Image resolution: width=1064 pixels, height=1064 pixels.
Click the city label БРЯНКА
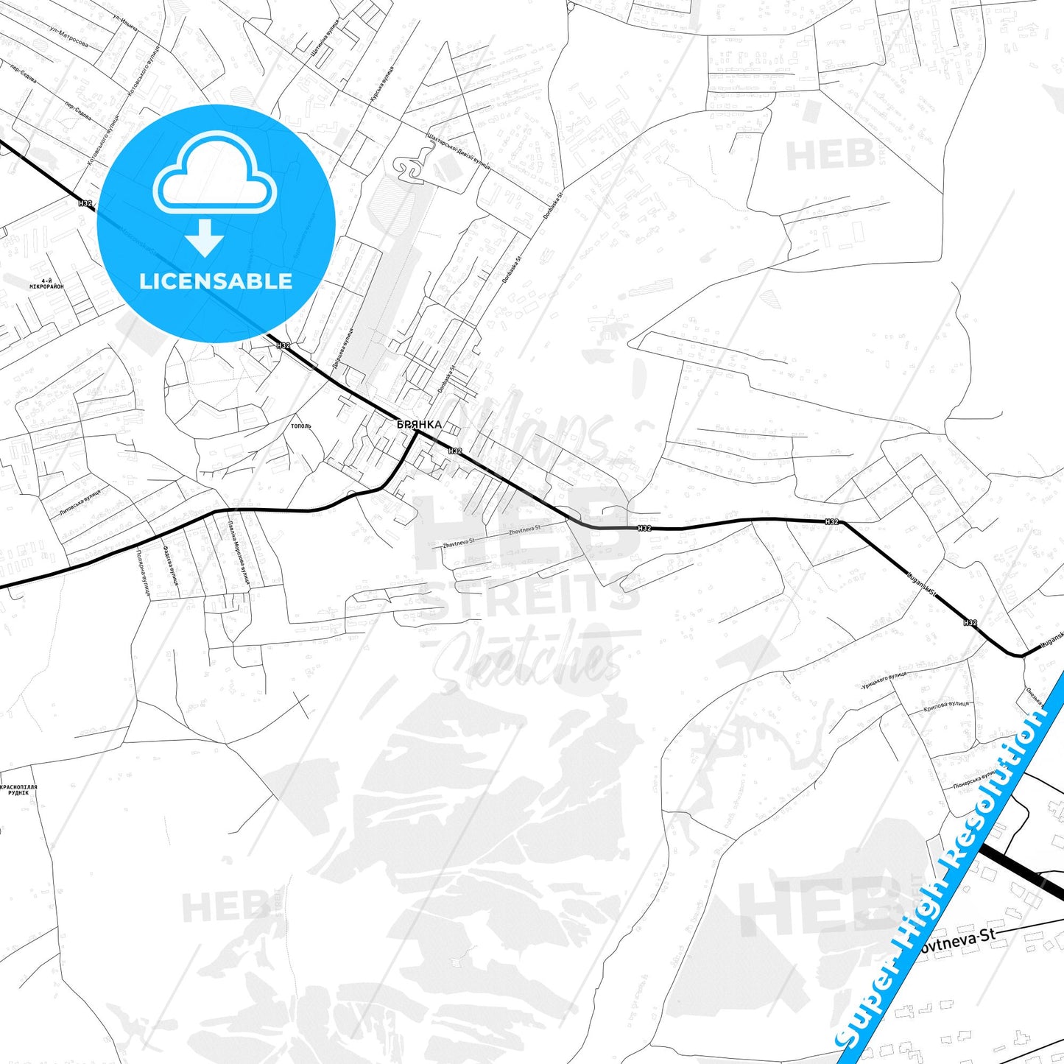[x=419, y=424]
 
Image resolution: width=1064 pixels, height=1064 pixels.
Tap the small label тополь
[x=301, y=426]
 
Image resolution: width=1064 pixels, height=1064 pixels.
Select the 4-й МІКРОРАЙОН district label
[x=46, y=283]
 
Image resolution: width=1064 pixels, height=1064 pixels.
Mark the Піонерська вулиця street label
[x=975, y=779]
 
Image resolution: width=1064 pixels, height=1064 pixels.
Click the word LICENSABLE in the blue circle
[x=216, y=281]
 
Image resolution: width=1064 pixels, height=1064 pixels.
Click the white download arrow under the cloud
[x=205, y=237]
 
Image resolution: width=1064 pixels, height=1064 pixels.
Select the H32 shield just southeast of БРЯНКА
[x=455, y=450]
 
